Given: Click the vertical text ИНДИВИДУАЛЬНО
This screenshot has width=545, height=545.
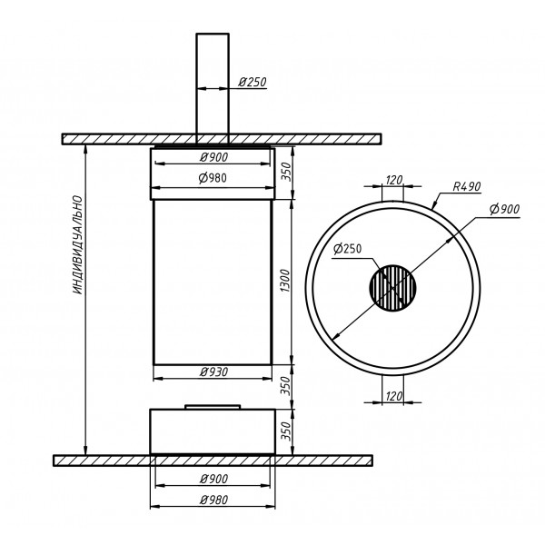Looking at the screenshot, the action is (78, 245).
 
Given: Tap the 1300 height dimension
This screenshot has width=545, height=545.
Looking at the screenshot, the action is (285, 281).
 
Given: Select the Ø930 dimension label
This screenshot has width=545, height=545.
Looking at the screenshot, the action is (213, 372).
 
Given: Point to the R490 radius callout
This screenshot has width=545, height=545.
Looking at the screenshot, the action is (467, 186).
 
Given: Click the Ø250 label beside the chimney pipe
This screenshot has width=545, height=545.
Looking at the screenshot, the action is (253, 82).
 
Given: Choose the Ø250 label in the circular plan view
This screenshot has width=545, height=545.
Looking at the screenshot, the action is (347, 249).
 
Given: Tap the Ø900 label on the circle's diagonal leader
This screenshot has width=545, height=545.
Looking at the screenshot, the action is (505, 209).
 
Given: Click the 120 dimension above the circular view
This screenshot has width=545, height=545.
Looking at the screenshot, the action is (394, 180).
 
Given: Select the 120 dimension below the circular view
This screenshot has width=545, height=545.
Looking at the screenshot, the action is (394, 396).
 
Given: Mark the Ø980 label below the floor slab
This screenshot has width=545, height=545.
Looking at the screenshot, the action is (213, 500).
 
